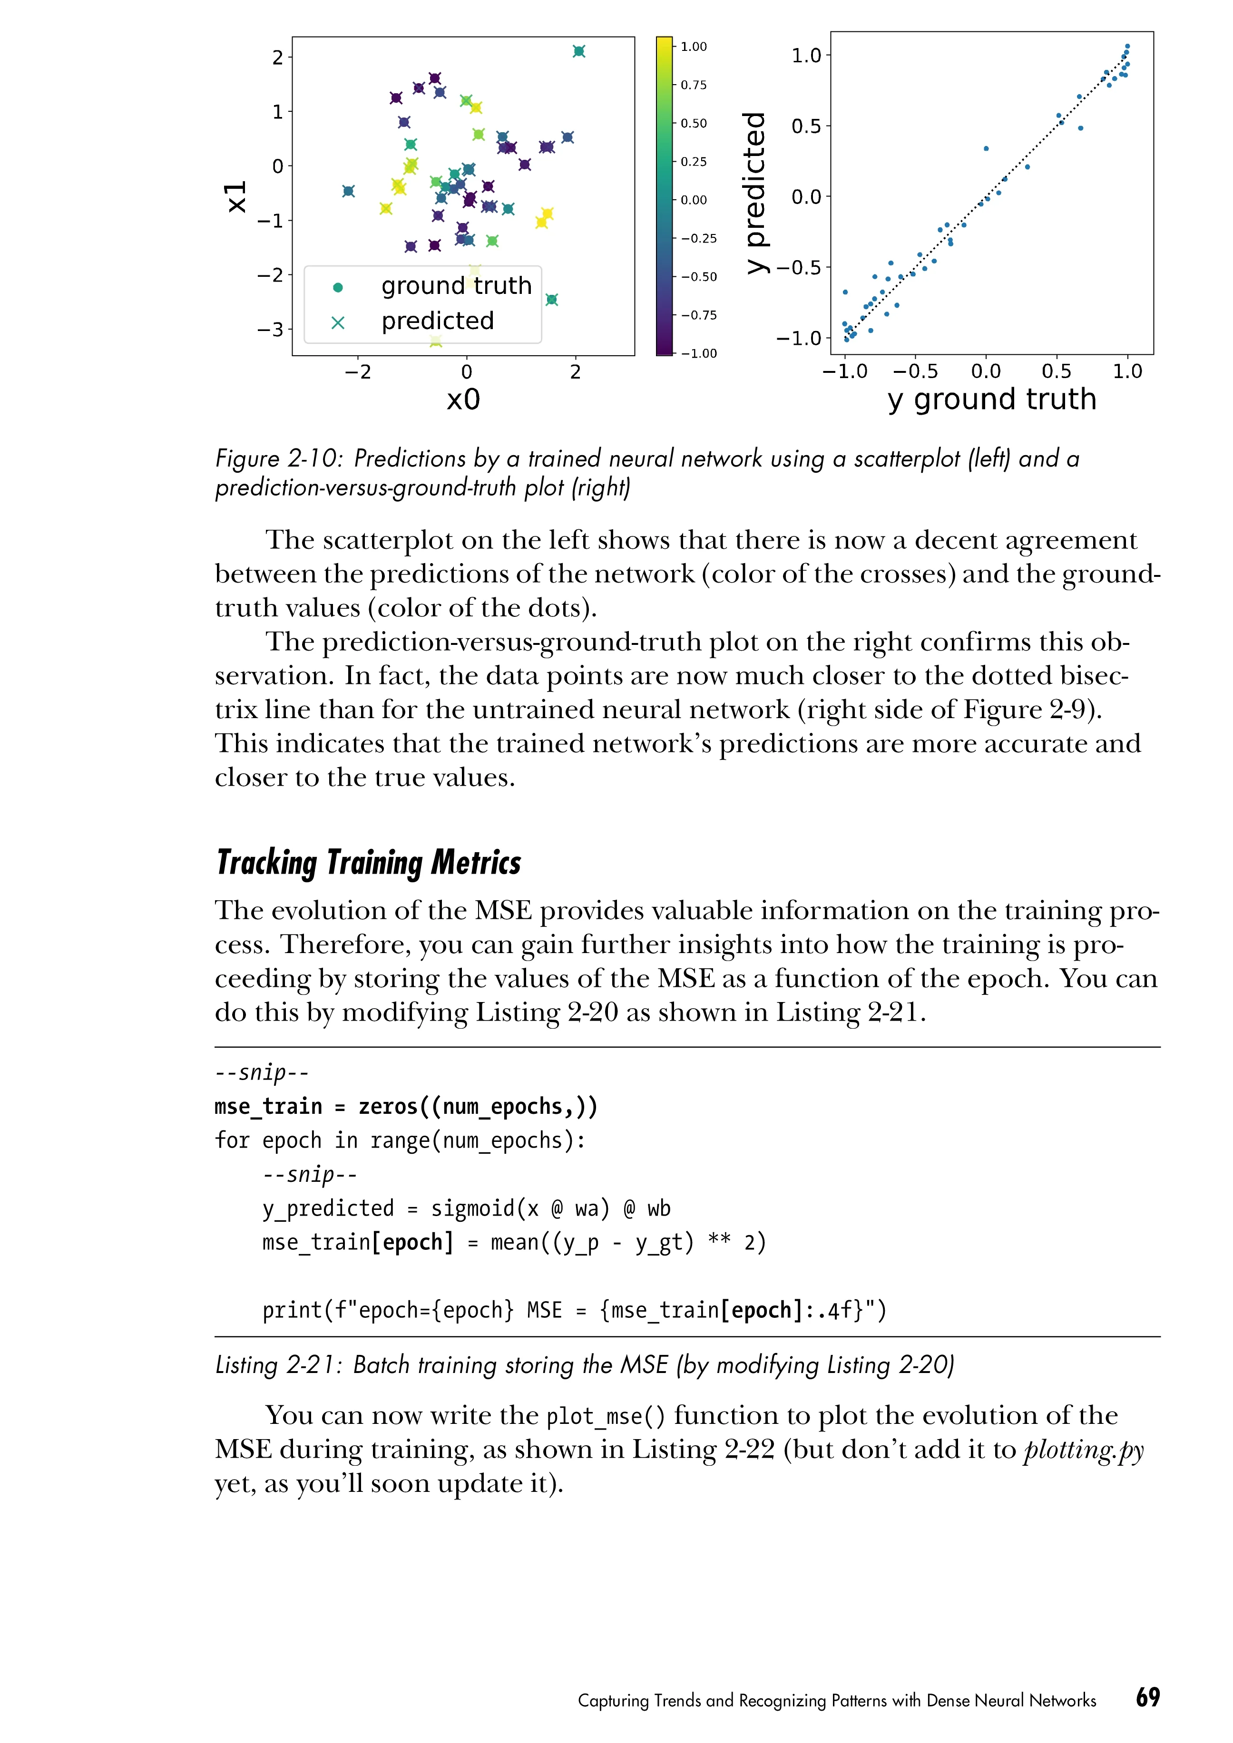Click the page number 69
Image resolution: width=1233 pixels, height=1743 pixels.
click(1147, 1697)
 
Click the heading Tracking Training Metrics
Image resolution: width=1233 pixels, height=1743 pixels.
click(369, 863)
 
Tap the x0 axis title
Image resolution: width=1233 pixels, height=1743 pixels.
click(463, 399)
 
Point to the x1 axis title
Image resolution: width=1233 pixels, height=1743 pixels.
click(237, 196)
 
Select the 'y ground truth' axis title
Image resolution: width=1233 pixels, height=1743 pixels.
click(991, 399)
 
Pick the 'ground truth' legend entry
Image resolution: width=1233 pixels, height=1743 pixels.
click(456, 285)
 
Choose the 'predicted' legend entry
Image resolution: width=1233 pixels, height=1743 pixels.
click(437, 321)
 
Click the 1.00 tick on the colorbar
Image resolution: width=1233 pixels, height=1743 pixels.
click(693, 46)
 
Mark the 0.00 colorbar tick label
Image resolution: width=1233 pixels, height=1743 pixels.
click(693, 200)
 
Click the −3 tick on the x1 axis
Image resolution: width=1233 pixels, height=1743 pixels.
click(270, 330)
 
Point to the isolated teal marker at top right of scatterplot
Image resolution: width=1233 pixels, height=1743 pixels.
click(578, 51)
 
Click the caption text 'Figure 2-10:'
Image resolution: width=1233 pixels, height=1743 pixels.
click(279, 458)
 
